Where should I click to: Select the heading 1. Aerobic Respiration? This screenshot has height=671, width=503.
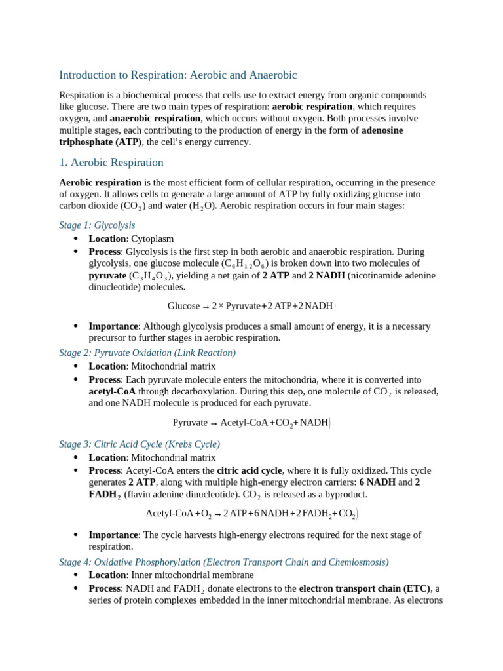click(111, 163)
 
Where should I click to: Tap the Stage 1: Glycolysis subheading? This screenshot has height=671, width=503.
click(97, 225)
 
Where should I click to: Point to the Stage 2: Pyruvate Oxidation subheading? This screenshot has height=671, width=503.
click(147, 353)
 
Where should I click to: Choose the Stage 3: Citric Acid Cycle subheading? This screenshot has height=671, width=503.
click(140, 444)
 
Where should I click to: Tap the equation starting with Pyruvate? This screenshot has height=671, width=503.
click(251, 423)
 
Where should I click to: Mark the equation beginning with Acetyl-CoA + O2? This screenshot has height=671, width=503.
click(251, 514)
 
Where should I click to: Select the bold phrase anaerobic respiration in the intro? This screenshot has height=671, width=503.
click(155, 119)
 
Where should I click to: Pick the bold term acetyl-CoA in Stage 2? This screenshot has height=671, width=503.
click(112, 391)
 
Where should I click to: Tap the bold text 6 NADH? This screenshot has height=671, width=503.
click(377, 482)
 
